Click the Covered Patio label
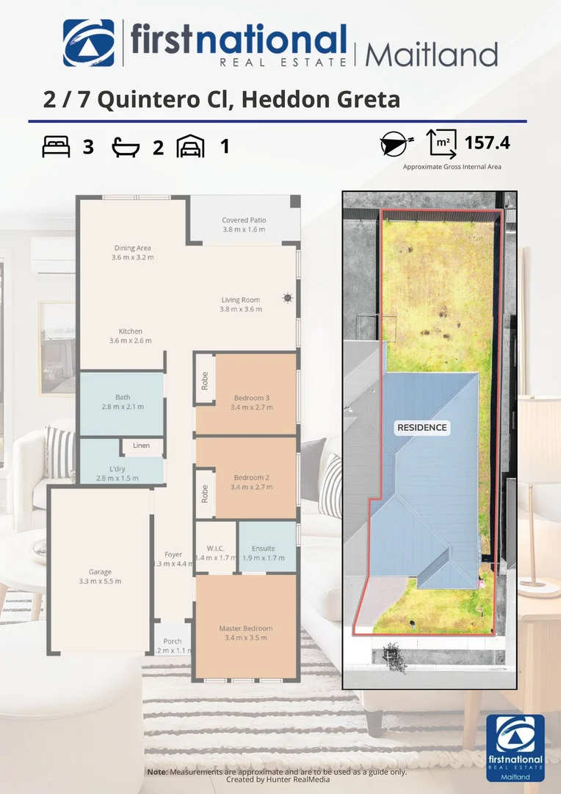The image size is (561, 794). click(244, 221)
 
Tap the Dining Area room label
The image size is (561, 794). click(132, 248)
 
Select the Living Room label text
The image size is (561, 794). click(240, 300)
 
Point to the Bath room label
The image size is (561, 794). click(122, 398)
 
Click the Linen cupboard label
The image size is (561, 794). click(141, 446)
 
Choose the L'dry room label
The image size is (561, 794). click(117, 469)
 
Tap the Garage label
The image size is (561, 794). click(101, 572)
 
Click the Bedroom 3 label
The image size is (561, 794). click(252, 398)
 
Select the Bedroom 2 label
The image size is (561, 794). click(252, 478)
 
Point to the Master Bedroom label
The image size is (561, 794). click(245, 629)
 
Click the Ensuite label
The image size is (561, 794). click(263, 548)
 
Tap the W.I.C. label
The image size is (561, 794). click(215, 548)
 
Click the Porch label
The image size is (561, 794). click(173, 641)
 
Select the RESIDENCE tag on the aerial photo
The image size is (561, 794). click(421, 427)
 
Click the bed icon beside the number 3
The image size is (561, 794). click(57, 147)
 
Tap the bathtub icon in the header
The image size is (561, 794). click(126, 147)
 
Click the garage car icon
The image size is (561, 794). click(190, 147)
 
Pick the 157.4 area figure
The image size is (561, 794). click(487, 142)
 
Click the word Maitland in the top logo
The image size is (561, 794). click(432, 54)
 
